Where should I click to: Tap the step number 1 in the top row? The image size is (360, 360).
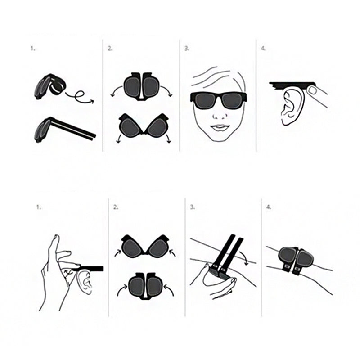(33, 49)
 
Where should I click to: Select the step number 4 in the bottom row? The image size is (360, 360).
(269, 207)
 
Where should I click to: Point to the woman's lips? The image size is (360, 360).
(220, 127)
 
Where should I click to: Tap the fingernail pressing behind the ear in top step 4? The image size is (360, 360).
(312, 90)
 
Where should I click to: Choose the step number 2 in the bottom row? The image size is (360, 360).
(116, 207)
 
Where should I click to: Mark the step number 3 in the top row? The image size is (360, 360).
(187, 49)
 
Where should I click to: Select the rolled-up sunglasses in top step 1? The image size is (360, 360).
(50, 86)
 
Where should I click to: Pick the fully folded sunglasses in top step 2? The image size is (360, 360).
(141, 86)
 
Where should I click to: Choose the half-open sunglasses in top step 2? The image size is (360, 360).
(144, 126)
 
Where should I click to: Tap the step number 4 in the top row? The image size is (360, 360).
(263, 49)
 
